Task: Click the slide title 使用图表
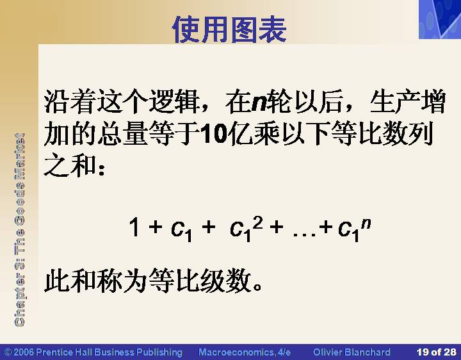[229, 29]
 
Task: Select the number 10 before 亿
[214, 135]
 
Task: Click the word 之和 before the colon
[70, 165]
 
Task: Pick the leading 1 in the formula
[134, 227]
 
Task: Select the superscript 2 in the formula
[257, 223]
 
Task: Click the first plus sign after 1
[156, 227]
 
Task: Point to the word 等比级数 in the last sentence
[200, 281]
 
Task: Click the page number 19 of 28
[436, 352]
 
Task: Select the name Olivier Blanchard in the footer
[352, 352]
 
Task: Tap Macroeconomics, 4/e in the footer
[245, 352]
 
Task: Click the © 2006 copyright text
[93, 352]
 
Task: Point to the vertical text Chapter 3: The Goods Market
[19, 230]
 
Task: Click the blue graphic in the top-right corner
[440, 19]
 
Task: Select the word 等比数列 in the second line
[382, 134]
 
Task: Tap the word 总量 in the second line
[123, 134]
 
